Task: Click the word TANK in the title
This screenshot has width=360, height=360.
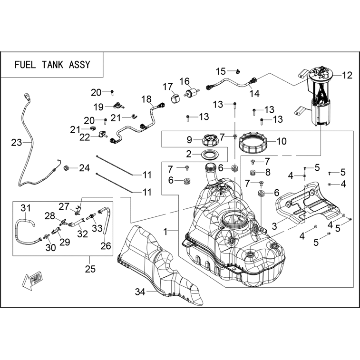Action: pos(52,65)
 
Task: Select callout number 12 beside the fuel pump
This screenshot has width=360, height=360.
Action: pos(347,75)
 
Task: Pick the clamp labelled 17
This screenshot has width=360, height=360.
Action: pos(175,98)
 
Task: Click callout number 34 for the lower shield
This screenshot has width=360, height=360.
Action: pos(140,292)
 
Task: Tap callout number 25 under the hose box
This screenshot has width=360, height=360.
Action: pos(90,269)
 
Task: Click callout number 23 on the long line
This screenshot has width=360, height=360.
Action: pos(16,143)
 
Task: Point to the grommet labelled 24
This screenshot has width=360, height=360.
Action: pos(67,168)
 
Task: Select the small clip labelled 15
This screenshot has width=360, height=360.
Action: pos(238,71)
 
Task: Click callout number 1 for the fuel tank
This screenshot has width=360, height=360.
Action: pos(166,232)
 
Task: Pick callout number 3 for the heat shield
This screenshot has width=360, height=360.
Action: pos(274,226)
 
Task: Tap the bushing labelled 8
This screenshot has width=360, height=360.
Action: pos(253,172)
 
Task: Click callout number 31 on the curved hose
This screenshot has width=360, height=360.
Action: pos(26,208)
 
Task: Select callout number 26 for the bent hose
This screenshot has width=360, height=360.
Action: pos(106,246)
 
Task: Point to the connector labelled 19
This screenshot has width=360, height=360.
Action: pos(118,106)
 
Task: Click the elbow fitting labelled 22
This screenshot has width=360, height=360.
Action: pos(103,134)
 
